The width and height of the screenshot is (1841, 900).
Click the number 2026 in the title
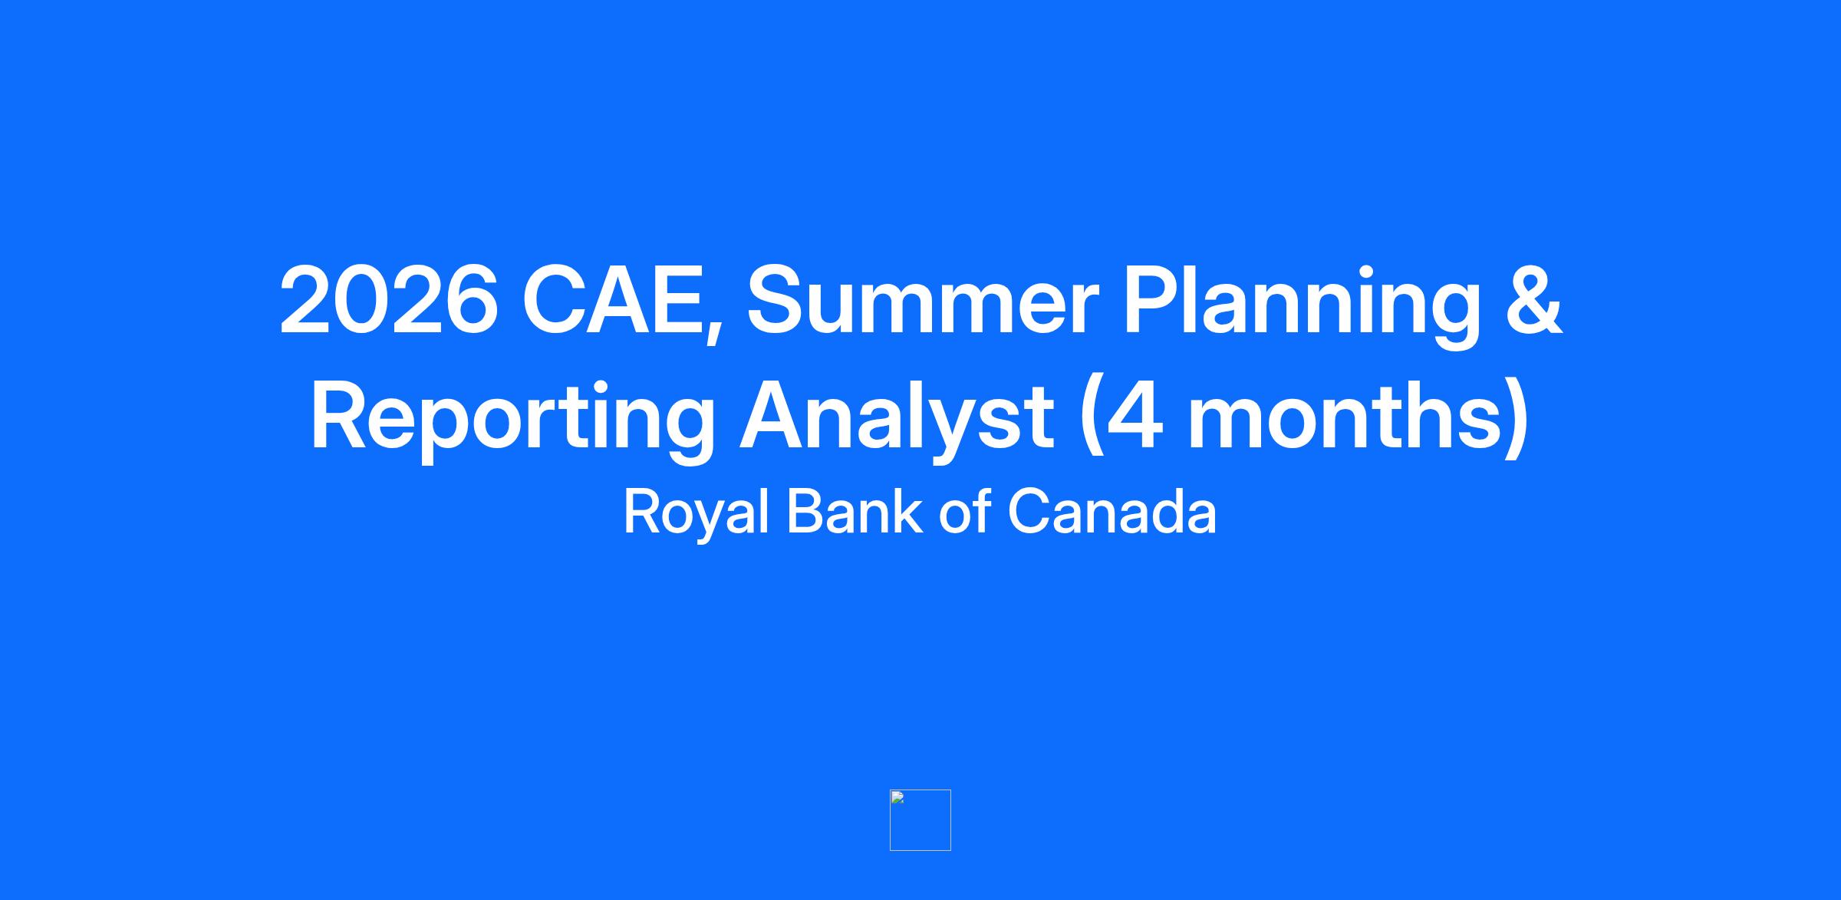[389, 300]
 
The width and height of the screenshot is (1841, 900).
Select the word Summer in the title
[924, 300]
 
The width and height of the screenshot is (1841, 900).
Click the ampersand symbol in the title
[1533, 300]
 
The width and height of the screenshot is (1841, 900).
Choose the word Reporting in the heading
[512, 421]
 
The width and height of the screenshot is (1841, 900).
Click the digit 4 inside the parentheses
[1135, 414]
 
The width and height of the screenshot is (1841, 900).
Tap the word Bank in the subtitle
[855, 511]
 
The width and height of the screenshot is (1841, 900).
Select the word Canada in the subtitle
[1112, 511]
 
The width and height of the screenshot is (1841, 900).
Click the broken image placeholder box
[920, 819]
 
